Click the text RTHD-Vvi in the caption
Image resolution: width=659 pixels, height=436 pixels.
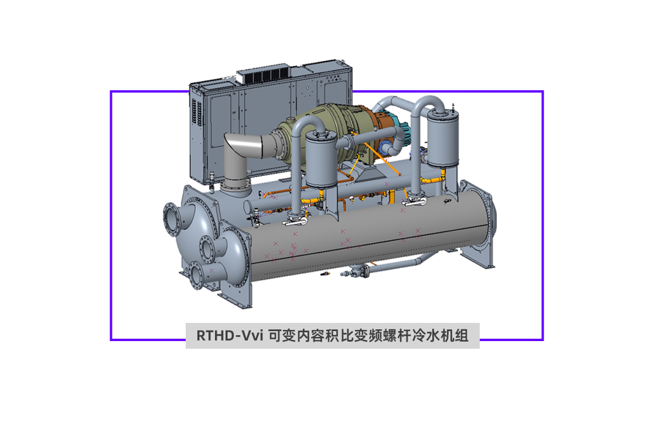tap(230, 336)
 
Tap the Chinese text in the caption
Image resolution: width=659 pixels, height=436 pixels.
tap(368, 336)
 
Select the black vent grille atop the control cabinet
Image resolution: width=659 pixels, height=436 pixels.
tap(265, 76)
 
